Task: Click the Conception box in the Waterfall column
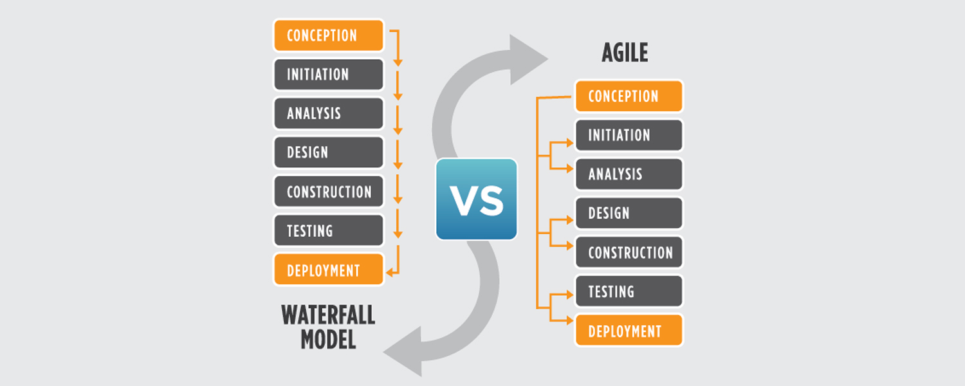(328, 35)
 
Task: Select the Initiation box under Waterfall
(328, 75)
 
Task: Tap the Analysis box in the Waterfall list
(328, 114)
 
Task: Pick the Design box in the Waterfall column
(328, 152)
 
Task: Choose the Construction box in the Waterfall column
(328, 192)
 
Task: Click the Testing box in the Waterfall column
(328, 231)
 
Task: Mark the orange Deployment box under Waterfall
(328, 270)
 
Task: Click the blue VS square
(476, 199)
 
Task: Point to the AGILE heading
(625, 53)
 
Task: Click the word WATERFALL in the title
(328, 315)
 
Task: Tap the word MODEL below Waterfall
(328, 339)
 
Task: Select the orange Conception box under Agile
(629, 96)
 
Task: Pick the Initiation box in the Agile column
(629, 136)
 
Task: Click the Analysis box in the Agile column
(629, 174)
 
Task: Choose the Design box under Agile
(629, 214)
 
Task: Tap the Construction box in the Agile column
(629, 253)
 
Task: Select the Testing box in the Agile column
(629, 291)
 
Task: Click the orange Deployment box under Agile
(629, 331)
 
